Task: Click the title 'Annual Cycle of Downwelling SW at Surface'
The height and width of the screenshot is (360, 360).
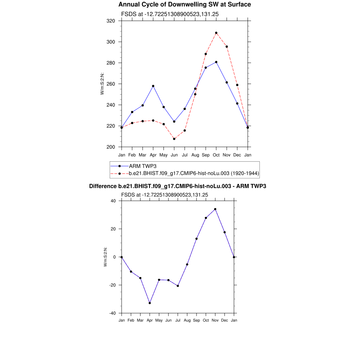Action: click(185, 5)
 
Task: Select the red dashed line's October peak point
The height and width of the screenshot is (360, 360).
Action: click(216, 33)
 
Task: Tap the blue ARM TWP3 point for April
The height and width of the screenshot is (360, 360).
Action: click(153, 86)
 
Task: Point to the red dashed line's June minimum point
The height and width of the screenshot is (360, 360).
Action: click(174, 139)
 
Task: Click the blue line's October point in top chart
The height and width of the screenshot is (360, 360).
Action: click(216, 62)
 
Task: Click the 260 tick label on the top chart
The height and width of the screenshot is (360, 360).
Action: click(111, 84)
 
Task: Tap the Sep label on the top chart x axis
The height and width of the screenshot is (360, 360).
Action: click(206, 155)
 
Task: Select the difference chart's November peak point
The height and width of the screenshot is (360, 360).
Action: click(215, 209)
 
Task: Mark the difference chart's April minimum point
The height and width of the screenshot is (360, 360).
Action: click(150, 303)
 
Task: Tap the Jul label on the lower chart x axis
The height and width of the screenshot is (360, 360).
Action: click(178, 320)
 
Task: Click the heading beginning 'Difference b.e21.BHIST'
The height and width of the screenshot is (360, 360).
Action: click(178, 186)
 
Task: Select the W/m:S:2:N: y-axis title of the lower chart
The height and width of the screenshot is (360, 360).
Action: click(105, 257)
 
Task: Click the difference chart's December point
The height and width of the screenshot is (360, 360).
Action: click(225, 232)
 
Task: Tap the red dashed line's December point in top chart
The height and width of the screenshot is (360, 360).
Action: click(237, 85)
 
